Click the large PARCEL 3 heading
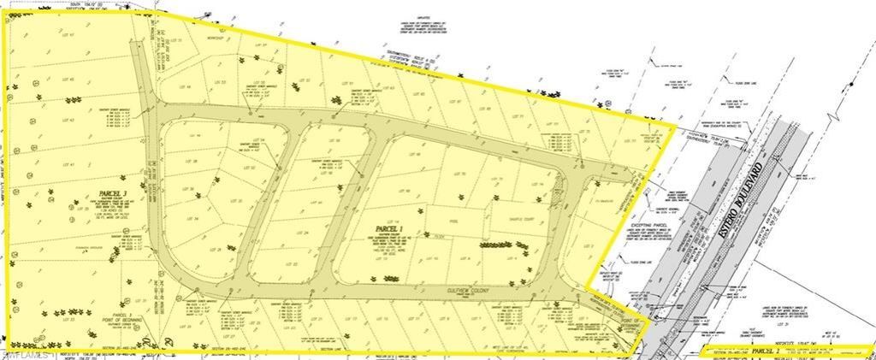tap(113, 194)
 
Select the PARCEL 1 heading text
tap(389, 228)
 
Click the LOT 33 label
tap(70, 319)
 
